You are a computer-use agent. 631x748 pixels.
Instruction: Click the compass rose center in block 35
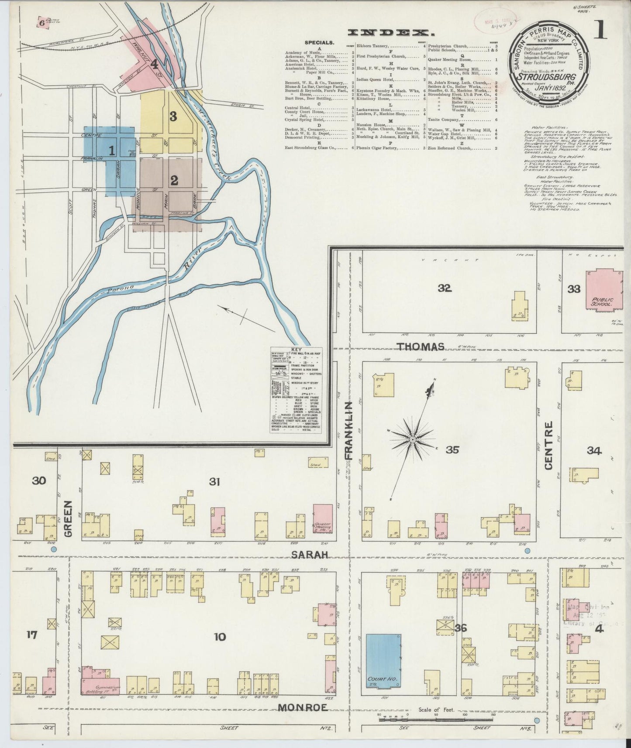pyautogui.click(x=412, y=439)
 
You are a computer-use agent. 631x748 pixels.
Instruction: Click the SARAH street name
pyautogui.click(x=310, y=555)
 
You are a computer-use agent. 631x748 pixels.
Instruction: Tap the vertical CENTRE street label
pyautogui.click(x=548, y=445)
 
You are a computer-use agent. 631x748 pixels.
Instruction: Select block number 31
pyautogui.click(x=214, y=482)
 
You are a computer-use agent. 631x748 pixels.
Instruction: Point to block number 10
pyautogui.click(x=220, y=637)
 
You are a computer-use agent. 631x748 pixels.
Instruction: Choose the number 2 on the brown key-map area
pyautogui.click(x=174, y=180)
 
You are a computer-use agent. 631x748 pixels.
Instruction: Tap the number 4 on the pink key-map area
pyautogui.click(x=154, y=65)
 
